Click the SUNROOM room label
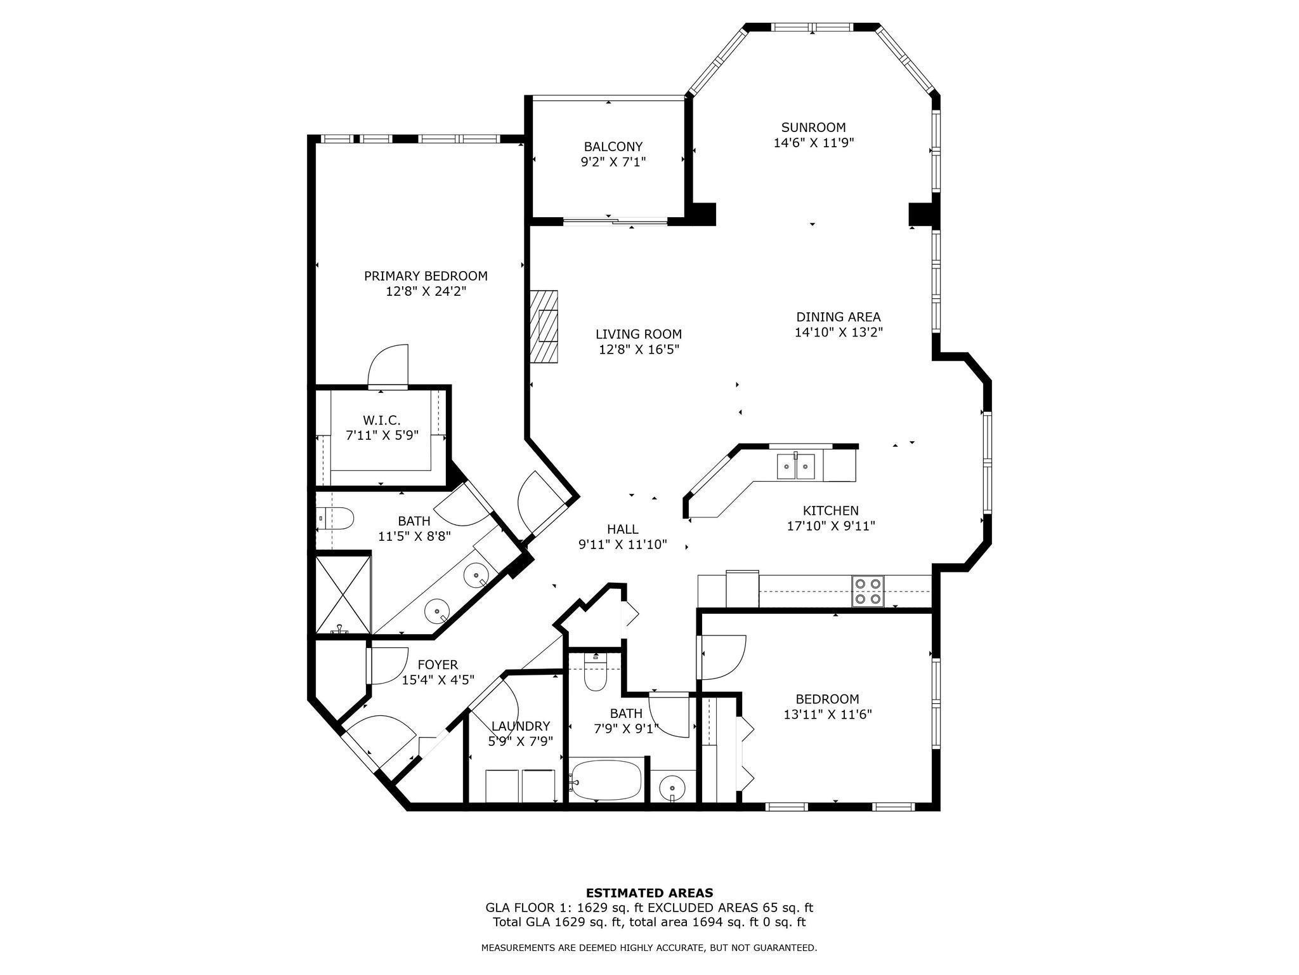tap(813, 127)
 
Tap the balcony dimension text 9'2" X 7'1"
tap(613, 162)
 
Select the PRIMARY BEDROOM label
tap(426, 276)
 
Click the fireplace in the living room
tap(544, 326)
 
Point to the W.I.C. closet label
tap(382, 420)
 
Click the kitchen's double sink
tap(796, 467)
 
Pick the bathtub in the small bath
tap(606, 781)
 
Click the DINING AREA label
tap(839, 317)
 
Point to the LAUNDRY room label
tap(520, 726)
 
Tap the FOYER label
tap(438, 665)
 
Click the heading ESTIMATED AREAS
tap(649, 892)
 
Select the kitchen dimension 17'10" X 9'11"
tap(831, 526)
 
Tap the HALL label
tap(623, 529)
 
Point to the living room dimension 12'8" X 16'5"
tap(639, 349)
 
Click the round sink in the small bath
tap(672, 788)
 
